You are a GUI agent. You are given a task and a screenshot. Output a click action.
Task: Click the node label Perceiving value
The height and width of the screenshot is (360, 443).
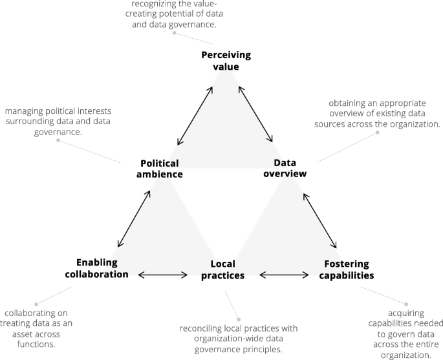click(224, 60)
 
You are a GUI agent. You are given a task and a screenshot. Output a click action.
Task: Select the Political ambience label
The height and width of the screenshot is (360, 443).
click(159, 169)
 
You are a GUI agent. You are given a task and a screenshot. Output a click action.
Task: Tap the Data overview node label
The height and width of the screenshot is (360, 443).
click(285, 168)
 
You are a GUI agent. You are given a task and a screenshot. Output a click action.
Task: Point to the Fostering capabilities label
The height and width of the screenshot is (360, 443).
click(347, 270)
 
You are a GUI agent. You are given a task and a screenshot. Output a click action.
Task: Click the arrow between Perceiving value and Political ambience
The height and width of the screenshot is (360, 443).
click(195, 114)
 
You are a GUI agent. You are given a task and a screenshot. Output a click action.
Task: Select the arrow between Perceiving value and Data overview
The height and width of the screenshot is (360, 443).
click(256, 114)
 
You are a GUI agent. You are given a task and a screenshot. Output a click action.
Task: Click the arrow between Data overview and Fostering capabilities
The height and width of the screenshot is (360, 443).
click(319, 218)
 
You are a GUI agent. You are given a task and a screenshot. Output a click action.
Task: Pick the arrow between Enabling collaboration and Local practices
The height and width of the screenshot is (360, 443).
click(163, 275)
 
